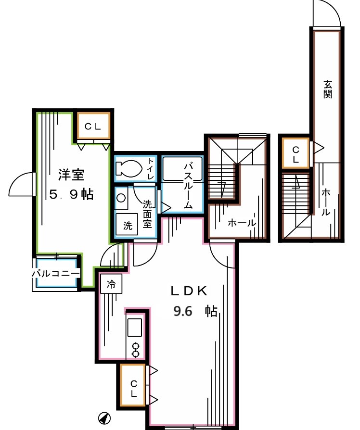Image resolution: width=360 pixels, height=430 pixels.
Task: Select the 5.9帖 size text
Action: coord(72,194)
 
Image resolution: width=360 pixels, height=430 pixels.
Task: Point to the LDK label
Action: coord(189,291)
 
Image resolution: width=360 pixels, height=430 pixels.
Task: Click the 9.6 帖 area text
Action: coord(194,311)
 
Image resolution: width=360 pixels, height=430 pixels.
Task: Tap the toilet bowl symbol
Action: coord(129,169)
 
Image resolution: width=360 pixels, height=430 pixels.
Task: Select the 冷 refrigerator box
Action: coord(111,284)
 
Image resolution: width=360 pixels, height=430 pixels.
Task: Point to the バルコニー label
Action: coord(55,273)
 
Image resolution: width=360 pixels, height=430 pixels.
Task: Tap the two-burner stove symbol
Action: coord(135,349)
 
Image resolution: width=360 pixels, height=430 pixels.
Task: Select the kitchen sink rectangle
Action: coord(135,329)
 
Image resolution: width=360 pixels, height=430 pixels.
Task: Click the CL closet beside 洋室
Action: coord(93,126)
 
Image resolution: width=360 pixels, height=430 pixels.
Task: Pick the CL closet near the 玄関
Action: coord(296,154)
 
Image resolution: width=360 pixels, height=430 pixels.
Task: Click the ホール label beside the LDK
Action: coord(241,223)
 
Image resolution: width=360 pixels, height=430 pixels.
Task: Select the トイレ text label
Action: coord(151,169)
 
